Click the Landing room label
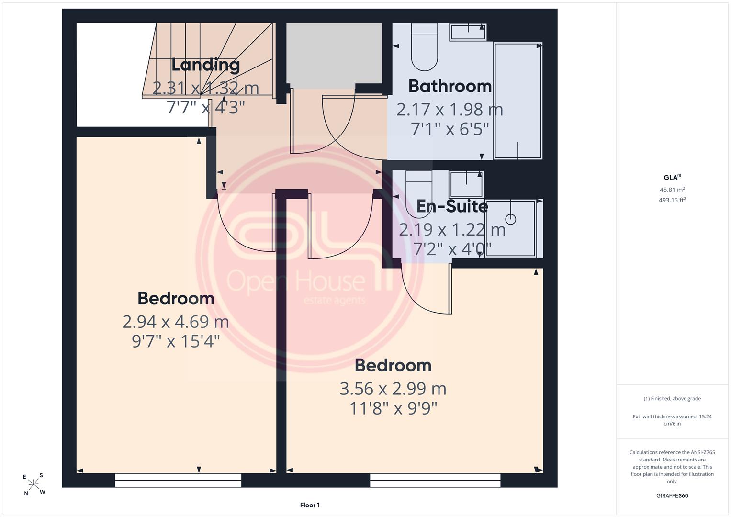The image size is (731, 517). coord(205,65)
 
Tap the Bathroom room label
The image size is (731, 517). coord(450,86)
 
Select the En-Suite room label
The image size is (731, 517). coord(452,206)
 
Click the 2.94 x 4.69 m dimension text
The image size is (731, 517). coord(176,322)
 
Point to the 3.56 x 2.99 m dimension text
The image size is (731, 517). coord(393,389)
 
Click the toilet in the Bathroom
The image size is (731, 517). coord(424,47)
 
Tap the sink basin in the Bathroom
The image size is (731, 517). coord(468,33)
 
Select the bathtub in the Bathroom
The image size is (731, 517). coord(518,101)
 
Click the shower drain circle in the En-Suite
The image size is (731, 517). coord(511,219)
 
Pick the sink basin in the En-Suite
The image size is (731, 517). coord(466,184)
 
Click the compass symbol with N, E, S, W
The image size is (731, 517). coord(34,484)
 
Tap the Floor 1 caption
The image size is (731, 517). coord(310,505)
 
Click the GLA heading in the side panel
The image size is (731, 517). coord(672,177)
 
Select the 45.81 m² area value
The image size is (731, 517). coord(672,190)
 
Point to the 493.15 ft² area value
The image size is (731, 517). coord(672,200)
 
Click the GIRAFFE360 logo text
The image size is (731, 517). coord(672,496)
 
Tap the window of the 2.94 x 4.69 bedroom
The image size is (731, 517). coord(178,481)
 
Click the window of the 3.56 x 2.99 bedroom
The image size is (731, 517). coord(435,481)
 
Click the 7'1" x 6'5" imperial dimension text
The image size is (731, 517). coord(450,129)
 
